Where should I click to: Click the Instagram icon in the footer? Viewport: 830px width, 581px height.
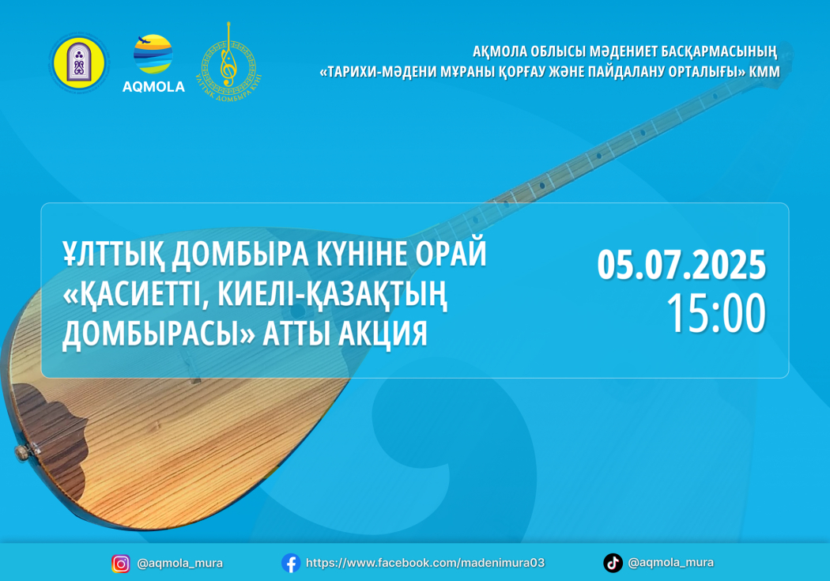coord(121,564)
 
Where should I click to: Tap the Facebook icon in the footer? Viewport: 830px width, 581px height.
coord(291,563)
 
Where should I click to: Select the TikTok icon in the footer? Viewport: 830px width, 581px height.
coord(613,563)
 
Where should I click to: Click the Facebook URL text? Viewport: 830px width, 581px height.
coord(425,563)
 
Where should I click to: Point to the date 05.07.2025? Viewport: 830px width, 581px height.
coord(681,265)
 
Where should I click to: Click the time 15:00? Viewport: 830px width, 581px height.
coord(716,313)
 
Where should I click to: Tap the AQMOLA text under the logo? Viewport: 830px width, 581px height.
coord(153,87)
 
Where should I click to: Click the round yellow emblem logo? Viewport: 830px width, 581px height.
coord(79,63)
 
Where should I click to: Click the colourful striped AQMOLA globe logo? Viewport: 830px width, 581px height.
coord(153,54)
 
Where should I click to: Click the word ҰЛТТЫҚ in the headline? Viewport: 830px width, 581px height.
coord(113,254)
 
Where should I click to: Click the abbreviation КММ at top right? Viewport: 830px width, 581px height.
coord(764,71)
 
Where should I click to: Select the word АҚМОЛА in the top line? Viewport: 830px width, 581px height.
coord(500,52)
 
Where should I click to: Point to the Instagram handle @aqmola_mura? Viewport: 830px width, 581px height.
coord(180,564)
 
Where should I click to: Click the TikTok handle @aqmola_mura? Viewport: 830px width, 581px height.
coord(670,563)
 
